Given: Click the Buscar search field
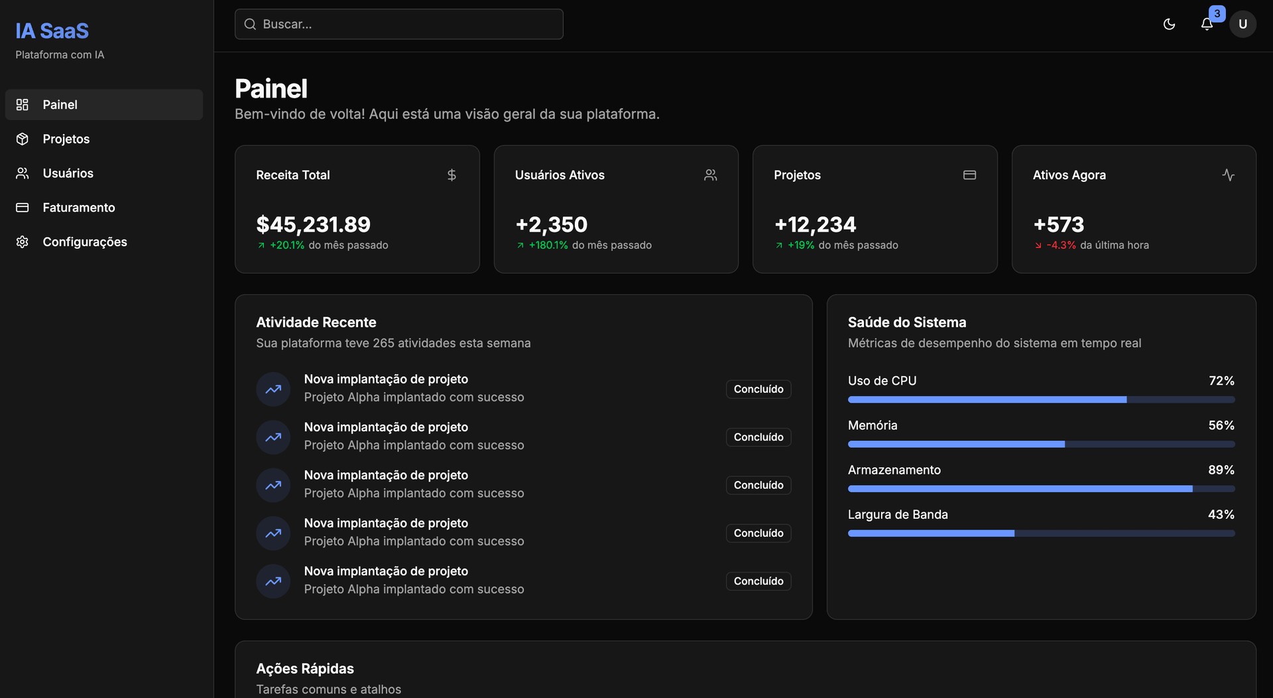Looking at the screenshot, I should (398, 25).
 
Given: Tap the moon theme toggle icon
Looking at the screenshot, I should (1169, 25).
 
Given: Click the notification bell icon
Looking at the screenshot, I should (1207, 25).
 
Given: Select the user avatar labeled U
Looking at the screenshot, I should (1243, 25).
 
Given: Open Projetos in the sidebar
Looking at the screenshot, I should (66, 139).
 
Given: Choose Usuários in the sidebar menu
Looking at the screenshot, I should (68, 173).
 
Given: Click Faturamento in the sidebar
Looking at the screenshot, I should (78, 208).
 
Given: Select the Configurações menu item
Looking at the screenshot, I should (84, 242).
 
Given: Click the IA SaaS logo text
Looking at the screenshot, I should (52, 31).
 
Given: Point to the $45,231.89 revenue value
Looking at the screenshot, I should (313, 225).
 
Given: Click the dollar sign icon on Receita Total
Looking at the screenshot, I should (452, 175).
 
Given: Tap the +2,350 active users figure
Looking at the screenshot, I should (551, 225).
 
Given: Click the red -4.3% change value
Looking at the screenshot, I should (1061, 245).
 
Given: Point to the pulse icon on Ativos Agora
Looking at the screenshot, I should (1228, 175).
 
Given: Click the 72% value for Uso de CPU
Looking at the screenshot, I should (1221, 381).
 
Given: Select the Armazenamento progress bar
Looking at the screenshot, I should (1040, 489).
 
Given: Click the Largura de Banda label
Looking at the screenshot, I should (897, 515).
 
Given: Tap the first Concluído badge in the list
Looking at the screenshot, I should (758, 389).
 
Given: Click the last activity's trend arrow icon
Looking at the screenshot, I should (273, 581).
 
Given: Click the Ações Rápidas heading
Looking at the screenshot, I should (305, 669).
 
